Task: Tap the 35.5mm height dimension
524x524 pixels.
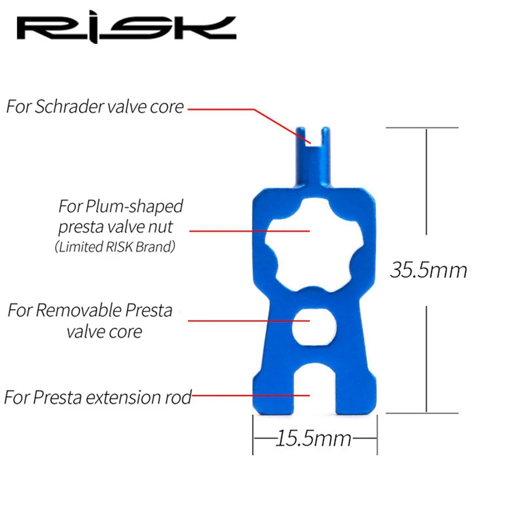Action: [x=428, y=270]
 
